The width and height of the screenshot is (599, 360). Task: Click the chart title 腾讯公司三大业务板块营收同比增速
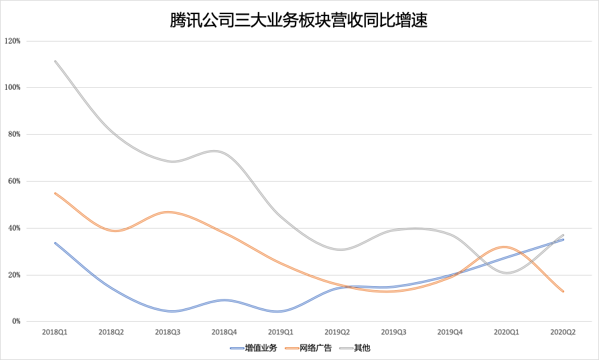299,21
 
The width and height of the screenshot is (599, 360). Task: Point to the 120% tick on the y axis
13,41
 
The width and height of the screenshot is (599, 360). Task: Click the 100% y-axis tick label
13,88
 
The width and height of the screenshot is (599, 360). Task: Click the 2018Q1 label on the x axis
55,332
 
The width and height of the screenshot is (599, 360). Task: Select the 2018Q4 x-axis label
224,332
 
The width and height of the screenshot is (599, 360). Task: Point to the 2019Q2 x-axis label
337,332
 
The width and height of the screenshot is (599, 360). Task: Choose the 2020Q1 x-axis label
507,332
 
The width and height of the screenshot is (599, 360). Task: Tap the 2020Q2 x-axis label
563,332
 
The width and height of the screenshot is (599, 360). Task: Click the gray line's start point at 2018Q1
55,61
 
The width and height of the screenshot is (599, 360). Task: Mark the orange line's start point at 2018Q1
55,193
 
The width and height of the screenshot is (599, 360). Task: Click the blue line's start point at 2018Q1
55,243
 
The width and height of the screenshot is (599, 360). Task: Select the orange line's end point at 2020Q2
563,291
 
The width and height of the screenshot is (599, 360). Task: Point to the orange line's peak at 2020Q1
507,247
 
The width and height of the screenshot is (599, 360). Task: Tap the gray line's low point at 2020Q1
507,273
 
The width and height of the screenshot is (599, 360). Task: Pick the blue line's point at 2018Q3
168,311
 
